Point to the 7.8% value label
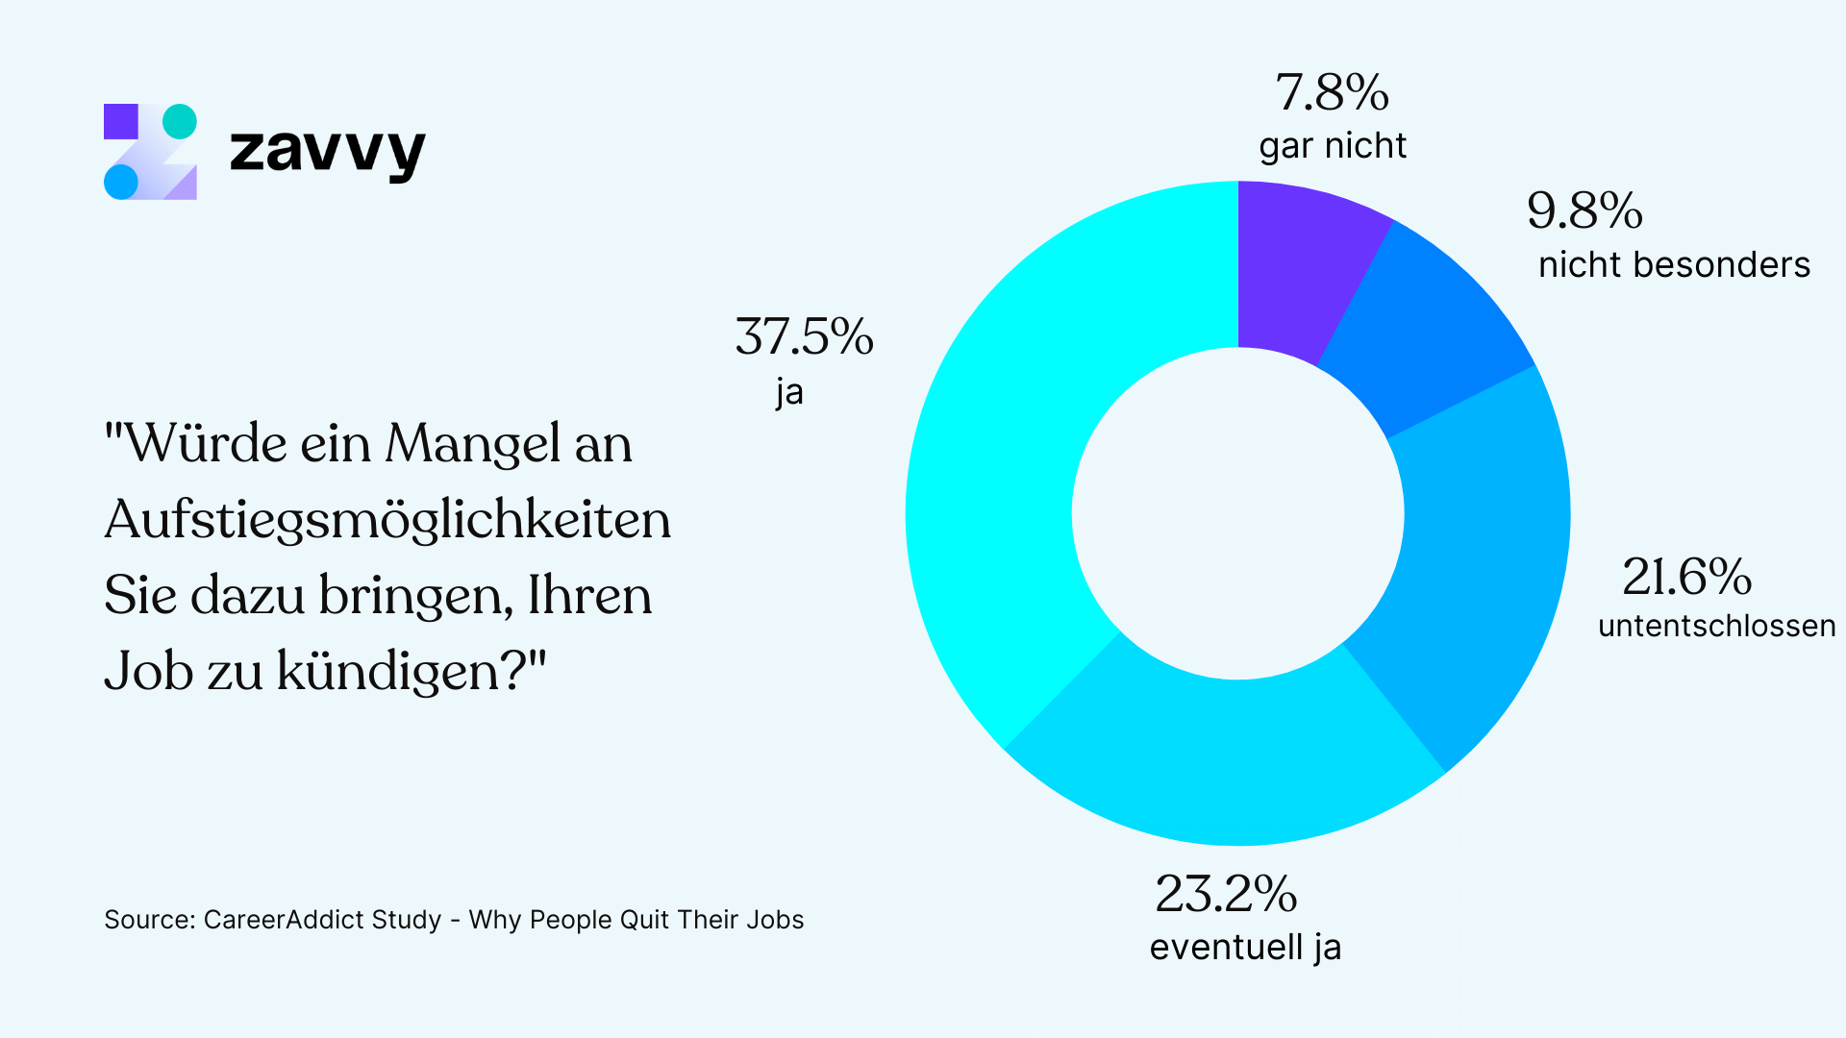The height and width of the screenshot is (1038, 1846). point(1332,93)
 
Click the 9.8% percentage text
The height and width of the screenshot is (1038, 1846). point(1584,210)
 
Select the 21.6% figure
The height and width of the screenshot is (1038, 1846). point(1686,578)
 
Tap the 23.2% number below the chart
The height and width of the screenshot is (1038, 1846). point(1226,895)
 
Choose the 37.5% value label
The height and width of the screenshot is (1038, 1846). point(804,337)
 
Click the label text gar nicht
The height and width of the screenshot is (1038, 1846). point(1333,146)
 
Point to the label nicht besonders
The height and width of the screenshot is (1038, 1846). point(1674,265)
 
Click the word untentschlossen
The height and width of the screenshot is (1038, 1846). point(1716,627)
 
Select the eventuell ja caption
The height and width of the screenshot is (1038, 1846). point(1245,948)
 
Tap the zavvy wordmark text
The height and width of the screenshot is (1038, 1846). point(327,152)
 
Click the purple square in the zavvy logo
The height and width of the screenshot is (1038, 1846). point(121,121)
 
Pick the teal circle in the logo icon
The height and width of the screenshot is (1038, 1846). point(180,121)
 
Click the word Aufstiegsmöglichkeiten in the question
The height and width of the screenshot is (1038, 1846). point(387,521)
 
